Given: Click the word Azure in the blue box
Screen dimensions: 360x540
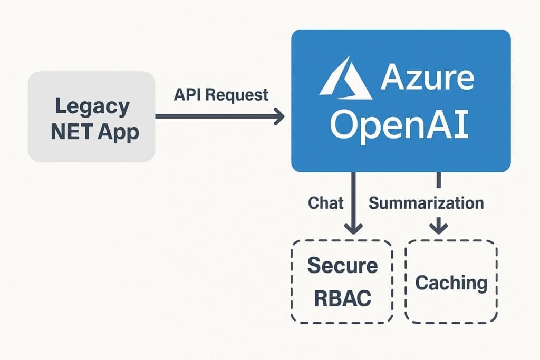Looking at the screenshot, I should click(427, 78).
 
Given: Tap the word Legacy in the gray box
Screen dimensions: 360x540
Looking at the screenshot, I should click(92, 106).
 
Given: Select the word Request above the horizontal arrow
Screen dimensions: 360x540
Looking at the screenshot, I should click(237, 95).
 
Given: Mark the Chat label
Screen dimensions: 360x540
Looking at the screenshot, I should click(326, 203).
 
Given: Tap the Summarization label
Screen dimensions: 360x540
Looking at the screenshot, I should click(426, 203).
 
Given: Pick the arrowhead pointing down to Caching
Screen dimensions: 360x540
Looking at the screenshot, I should click(438, 227).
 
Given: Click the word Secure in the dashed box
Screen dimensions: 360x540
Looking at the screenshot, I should click(343, 265).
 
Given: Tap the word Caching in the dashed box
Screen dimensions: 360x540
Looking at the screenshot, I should click(451, 283).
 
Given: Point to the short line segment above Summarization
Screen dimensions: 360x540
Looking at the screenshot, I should click(438, 180).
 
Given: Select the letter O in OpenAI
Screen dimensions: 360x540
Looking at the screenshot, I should click(343, 126).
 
